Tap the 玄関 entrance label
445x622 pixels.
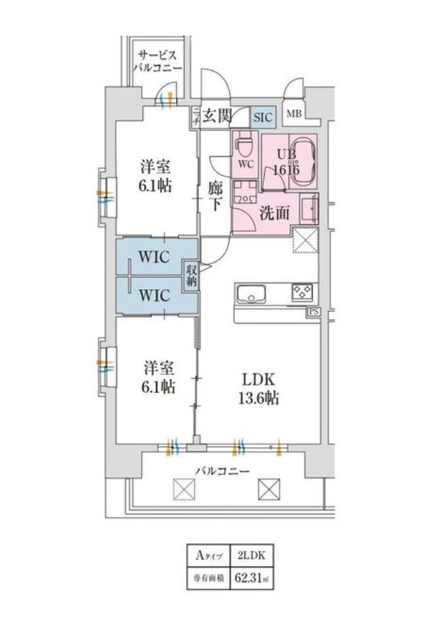[x=217, y=116]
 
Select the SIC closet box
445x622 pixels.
[x=263, y=116]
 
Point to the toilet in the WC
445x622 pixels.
[x=243, y=145]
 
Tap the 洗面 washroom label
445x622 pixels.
[x=275, y=214]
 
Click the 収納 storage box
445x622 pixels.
[x=191, y=276]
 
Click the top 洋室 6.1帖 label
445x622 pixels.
[x=156, y=177]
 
